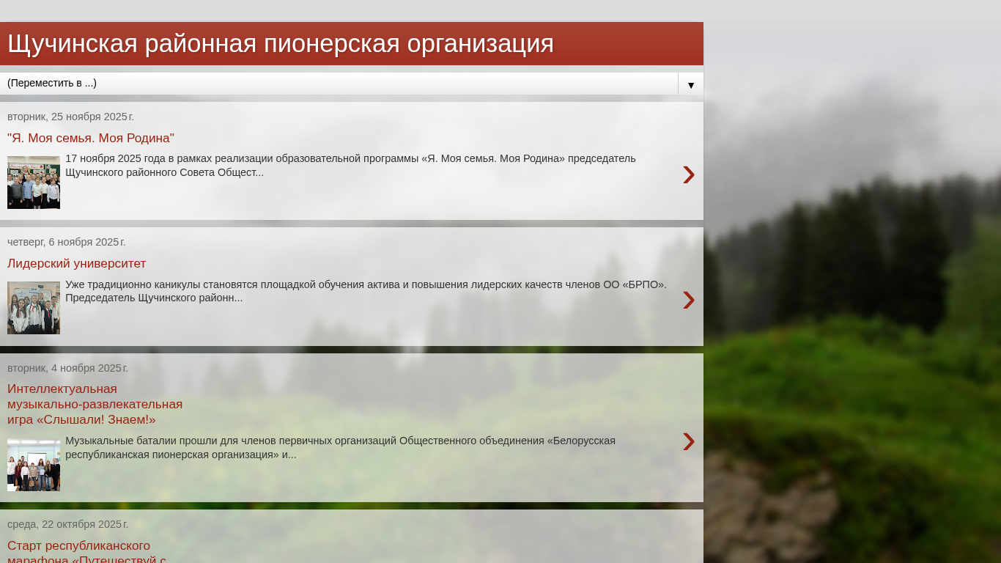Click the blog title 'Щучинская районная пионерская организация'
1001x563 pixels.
point(281,44)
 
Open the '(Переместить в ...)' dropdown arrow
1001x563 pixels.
point(691,85)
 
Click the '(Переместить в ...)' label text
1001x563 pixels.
point(52,83)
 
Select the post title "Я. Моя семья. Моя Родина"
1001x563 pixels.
point(91,138)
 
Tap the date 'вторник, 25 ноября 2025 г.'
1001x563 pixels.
point(70,117)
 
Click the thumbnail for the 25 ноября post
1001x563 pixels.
point(34,183)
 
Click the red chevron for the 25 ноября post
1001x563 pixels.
point(689,174)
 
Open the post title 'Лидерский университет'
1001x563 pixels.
point(76,263)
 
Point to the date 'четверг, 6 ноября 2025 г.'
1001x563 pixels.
point(67,242)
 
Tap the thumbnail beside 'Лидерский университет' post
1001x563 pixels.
point(34,308)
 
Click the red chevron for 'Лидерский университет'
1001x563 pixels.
point(689,300)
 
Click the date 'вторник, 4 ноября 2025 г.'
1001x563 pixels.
point(67,368)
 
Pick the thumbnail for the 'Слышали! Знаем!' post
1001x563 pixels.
point(34,465)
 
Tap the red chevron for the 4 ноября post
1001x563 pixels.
point(689,441)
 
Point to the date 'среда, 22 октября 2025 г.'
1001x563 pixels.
point(68,524)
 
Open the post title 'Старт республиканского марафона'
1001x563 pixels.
point(86,553)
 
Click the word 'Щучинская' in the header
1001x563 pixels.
point(73,45)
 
